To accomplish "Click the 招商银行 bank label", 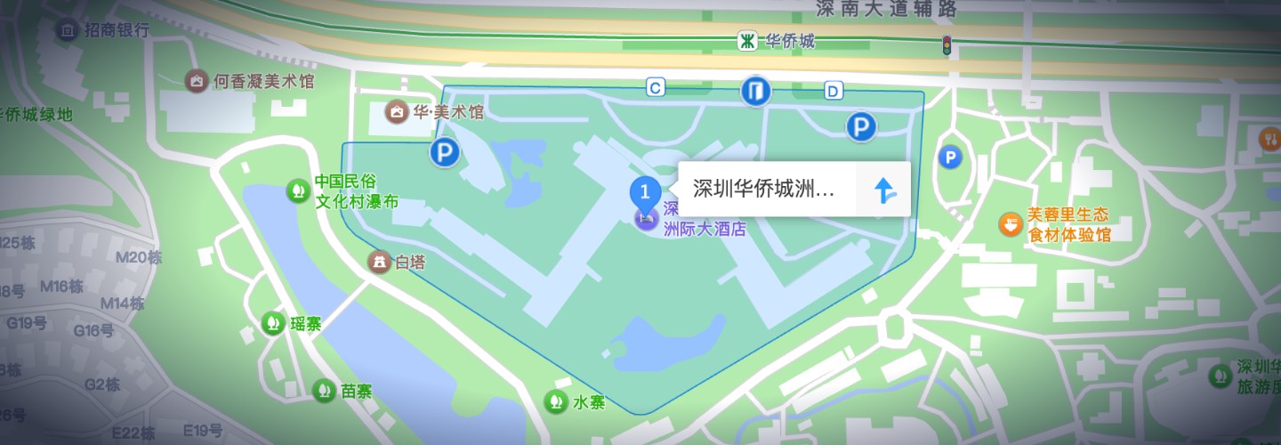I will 117,30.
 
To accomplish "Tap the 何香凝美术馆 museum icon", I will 197,81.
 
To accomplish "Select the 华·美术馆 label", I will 447,112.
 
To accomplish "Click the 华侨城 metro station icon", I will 748,41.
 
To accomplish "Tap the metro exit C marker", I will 656,87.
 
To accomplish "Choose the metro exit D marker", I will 833,90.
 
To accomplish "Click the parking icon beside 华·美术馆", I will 444,153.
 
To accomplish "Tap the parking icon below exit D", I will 860,127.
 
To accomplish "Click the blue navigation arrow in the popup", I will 883,190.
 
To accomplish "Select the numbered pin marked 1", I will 645,191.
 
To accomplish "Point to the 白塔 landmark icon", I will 380,262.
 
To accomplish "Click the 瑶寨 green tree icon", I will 273,324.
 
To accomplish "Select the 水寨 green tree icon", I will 556,401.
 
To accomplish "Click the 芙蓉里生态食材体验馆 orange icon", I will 1010,223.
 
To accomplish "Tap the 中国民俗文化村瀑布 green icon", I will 297,190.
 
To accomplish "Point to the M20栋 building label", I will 140,257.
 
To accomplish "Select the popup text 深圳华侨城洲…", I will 764,190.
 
